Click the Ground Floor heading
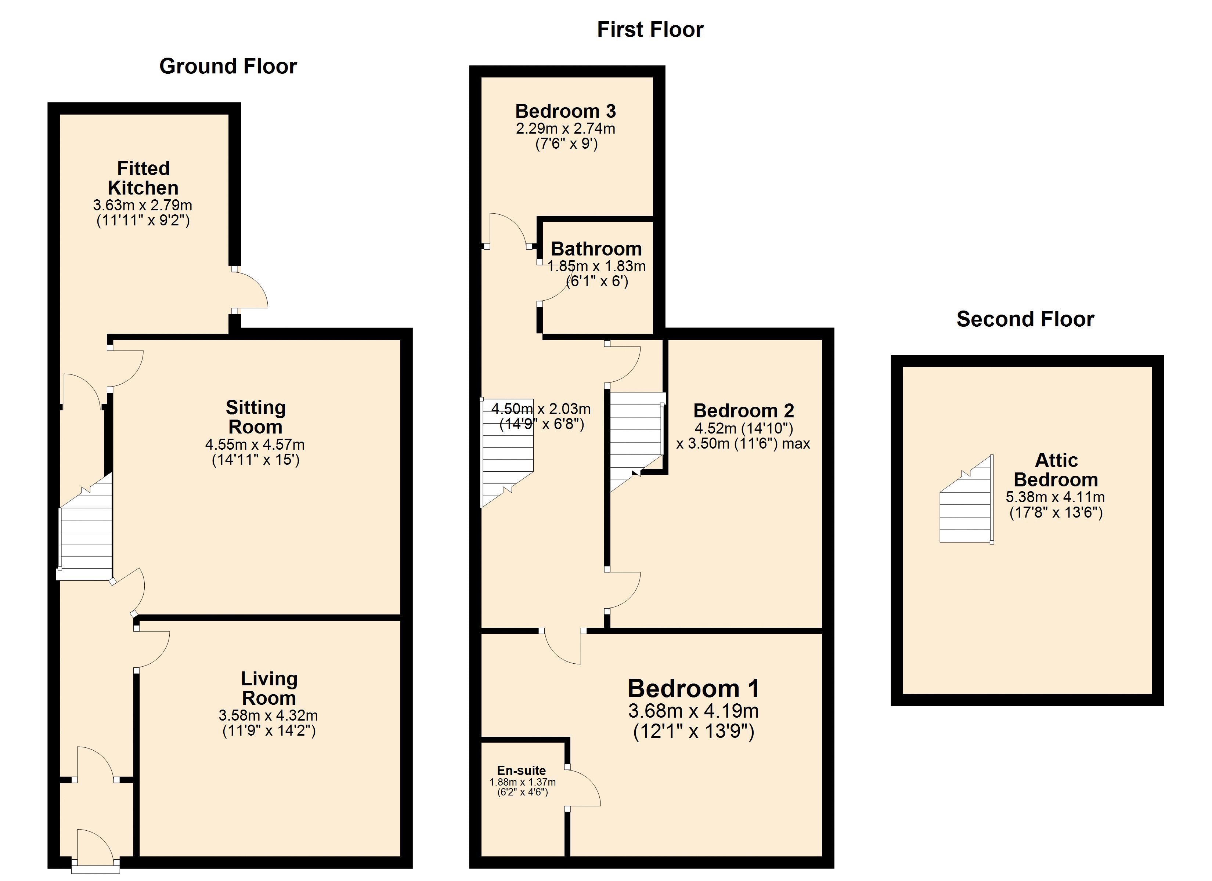click(x=228, y=66)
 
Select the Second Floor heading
click(x=1025, y=319)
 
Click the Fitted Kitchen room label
click(x=143, y=178)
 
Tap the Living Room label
click(x=269, y=688)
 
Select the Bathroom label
click(x=596, y=249)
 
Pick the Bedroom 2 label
click(x=743, y=410)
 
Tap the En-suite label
click(x=521, y=771)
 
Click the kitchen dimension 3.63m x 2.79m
click(x=143, y=205)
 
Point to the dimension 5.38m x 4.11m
click(x=1056, y=497)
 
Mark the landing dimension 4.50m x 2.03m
click(x=541, y=409)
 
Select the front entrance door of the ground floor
click(x=95, y=849)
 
